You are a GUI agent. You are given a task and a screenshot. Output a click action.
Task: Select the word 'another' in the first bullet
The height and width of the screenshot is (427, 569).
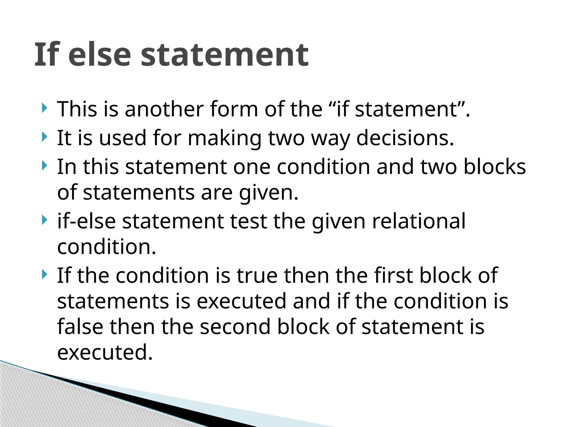164,109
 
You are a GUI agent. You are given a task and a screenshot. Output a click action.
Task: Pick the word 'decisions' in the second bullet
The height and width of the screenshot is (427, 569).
405,138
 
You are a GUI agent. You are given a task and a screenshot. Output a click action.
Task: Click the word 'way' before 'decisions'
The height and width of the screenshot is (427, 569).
330,138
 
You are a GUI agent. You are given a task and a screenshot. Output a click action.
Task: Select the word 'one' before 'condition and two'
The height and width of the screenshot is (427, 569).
252,167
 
